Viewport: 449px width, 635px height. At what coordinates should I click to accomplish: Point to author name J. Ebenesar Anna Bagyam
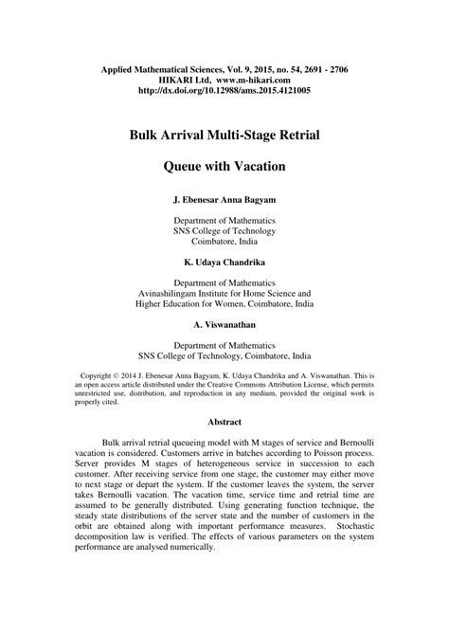pos(224,202)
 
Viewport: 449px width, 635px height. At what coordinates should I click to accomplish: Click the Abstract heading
pos(224,422)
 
